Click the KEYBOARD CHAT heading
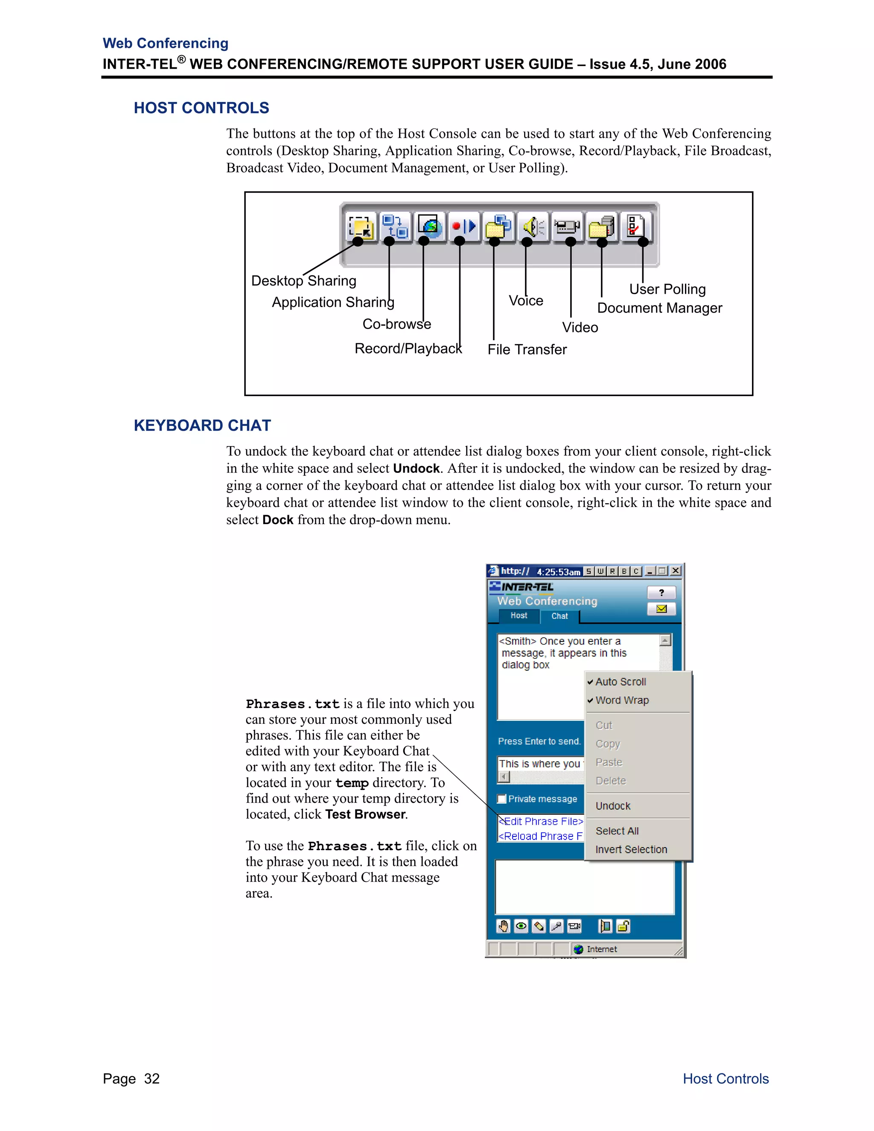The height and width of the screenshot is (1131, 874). point(202,425)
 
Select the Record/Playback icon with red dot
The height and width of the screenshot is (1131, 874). point(463,226)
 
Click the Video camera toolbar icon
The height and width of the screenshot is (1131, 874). point(567,227)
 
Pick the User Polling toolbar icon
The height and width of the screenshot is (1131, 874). point(635,226)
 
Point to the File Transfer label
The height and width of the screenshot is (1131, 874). point(527,350)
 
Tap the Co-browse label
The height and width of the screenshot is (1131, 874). point(396,324)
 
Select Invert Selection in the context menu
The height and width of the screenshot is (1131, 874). point(631,849)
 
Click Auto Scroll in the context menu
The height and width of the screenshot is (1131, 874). point(620,682)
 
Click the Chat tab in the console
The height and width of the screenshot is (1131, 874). point(559,616)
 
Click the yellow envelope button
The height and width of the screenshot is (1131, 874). point(661,609)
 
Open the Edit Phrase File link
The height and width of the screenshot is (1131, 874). point(542,821)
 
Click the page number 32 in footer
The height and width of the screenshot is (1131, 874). point(151,1078)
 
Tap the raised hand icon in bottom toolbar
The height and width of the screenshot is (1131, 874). point(503,926)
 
